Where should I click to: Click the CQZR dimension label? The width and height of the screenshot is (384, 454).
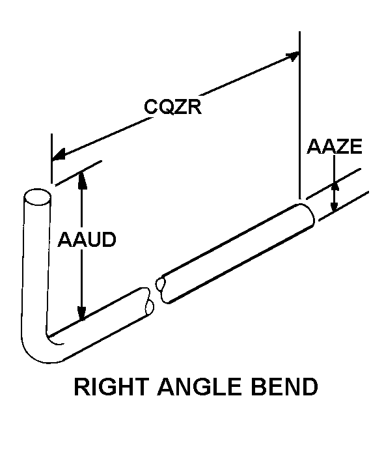click(172, 107)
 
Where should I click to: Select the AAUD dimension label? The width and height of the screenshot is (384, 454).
click(87, 240)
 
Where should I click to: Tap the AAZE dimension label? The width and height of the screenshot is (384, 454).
click(335, 146)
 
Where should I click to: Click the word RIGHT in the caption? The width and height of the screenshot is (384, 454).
click(111, 387)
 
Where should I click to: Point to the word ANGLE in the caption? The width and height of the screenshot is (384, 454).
click(200, 387)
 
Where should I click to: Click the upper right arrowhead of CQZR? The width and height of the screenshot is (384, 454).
click(292, 55)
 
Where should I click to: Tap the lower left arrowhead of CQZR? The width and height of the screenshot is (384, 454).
click(59, 154)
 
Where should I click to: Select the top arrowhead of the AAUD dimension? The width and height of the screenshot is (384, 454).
click(82, 180)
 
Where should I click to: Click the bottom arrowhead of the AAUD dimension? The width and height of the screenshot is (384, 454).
click(82, 313)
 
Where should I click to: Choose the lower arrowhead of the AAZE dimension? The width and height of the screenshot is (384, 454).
click(335, 206)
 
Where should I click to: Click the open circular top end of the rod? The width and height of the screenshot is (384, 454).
click(37, 197)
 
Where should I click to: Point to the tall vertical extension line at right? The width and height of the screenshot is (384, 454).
click(300, 115)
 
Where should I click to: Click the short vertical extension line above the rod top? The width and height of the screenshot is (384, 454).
click(52, 158)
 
